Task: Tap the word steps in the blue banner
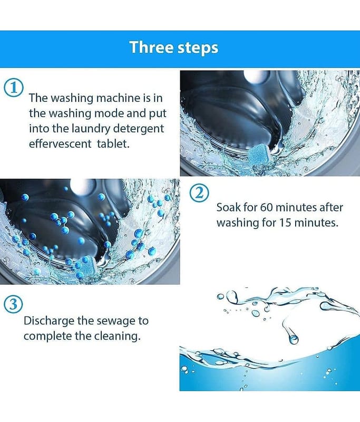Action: (197, 48)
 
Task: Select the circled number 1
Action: (14, 88)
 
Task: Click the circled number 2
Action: (199, 193)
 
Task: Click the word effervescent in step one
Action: (60, 143)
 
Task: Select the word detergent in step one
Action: (138, 129)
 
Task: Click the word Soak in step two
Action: (228, 207)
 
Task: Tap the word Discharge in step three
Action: (48, 321)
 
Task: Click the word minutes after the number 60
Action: (296, 207)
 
